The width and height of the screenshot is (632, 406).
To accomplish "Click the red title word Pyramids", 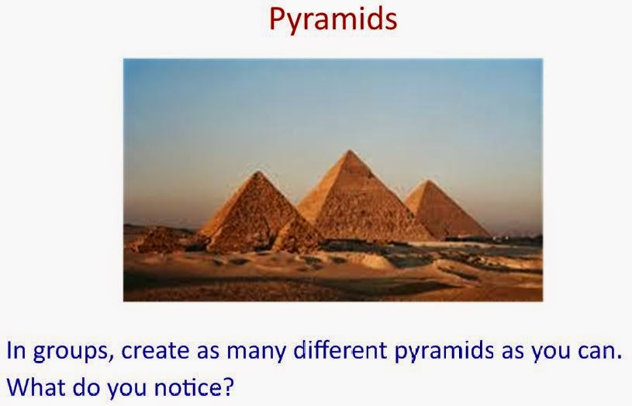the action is pyautogui.click(x=333, y=19).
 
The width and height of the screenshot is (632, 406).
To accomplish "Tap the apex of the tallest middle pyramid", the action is pyautogui.click(x=350, y=151).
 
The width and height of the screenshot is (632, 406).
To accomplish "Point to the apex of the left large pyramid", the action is pyautogui.click(x=258, y=172).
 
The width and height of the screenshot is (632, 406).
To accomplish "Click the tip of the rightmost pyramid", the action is pyautogui.click(x=429, y=181).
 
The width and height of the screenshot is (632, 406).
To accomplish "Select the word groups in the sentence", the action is pyautogui.click(x=71, y=352).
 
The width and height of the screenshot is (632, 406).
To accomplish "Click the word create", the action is pyautogui.click(x=155, y=350).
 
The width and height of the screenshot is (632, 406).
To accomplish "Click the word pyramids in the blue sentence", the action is pyautogui.click(x=444, y=351).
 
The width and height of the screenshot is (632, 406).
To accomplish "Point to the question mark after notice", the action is pyautogui.click(x=228, y=387).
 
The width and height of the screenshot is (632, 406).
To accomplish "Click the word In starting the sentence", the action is pyautogui.click(x=16, y=350).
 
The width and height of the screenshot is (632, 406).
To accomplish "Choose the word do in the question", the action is pyautogui.click(x=86, y=387).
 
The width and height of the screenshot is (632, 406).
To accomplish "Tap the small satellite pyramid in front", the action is pyautogui.click(x=296, y=236).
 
